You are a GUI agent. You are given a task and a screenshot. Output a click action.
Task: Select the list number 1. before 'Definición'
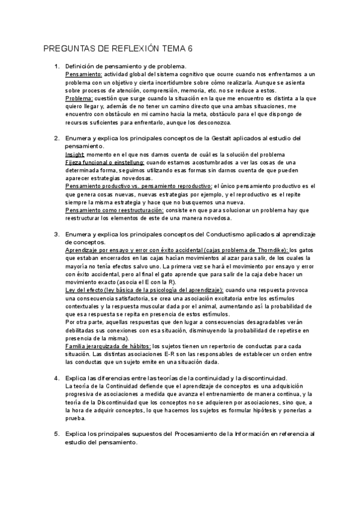[x=56, y=66]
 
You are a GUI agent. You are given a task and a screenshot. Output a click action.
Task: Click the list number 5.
[x=56, y=434]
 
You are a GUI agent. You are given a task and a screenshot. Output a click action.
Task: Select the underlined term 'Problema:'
[x=79, y=98]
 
